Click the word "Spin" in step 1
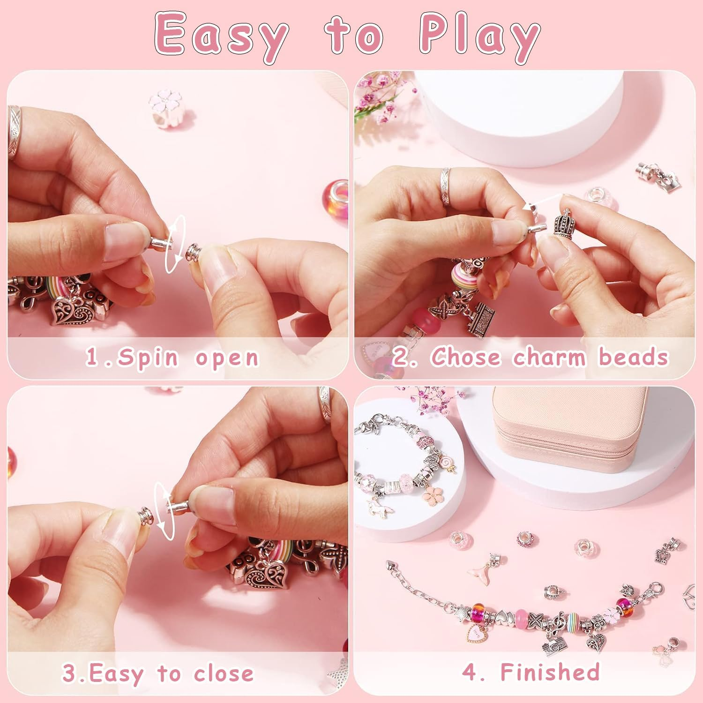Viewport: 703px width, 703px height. (x=148, y=358)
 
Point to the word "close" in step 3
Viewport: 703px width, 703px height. (x=224, y=673)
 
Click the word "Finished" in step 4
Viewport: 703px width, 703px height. (x=550, y=672)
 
